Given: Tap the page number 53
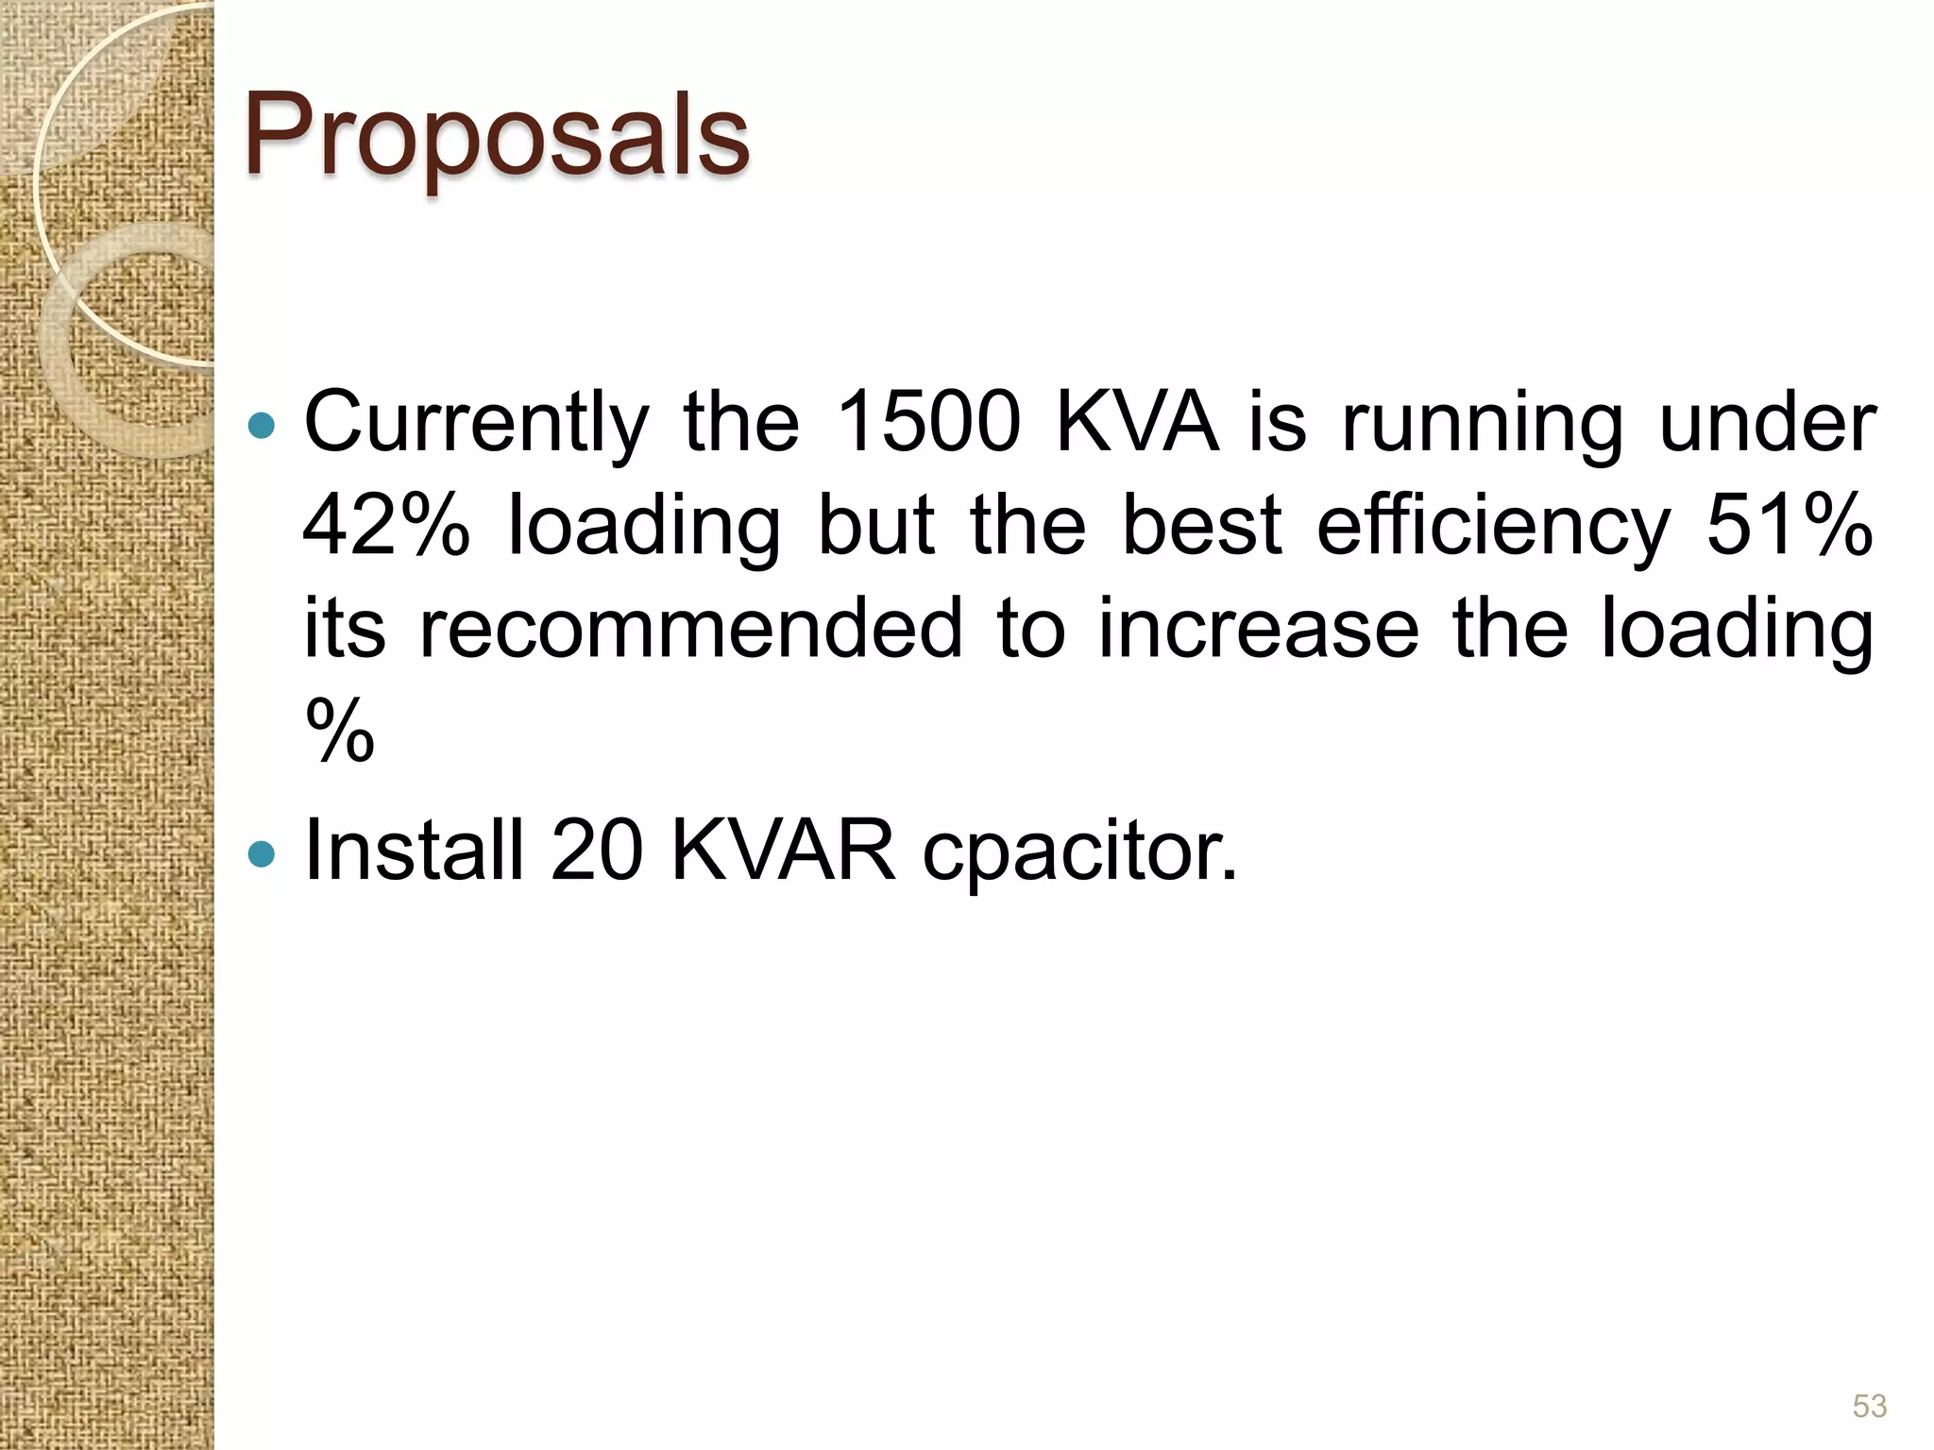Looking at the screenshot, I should click(1869, 1406).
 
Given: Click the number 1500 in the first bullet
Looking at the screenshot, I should click(929, 422).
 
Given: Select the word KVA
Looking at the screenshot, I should click(1136, 422).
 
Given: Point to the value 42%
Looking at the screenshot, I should click(386, 526).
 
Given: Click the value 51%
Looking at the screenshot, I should click(1790, 526).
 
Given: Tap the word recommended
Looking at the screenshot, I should click(690, 630).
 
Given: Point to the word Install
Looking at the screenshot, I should click(414, 850).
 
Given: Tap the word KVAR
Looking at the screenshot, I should click(783, 850).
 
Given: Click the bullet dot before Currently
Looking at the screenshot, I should click(261, 426).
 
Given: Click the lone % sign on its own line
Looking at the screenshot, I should click(340, 731).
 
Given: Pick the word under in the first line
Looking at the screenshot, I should click(1768, 422).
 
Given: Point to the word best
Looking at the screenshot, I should click(1201, 526).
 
